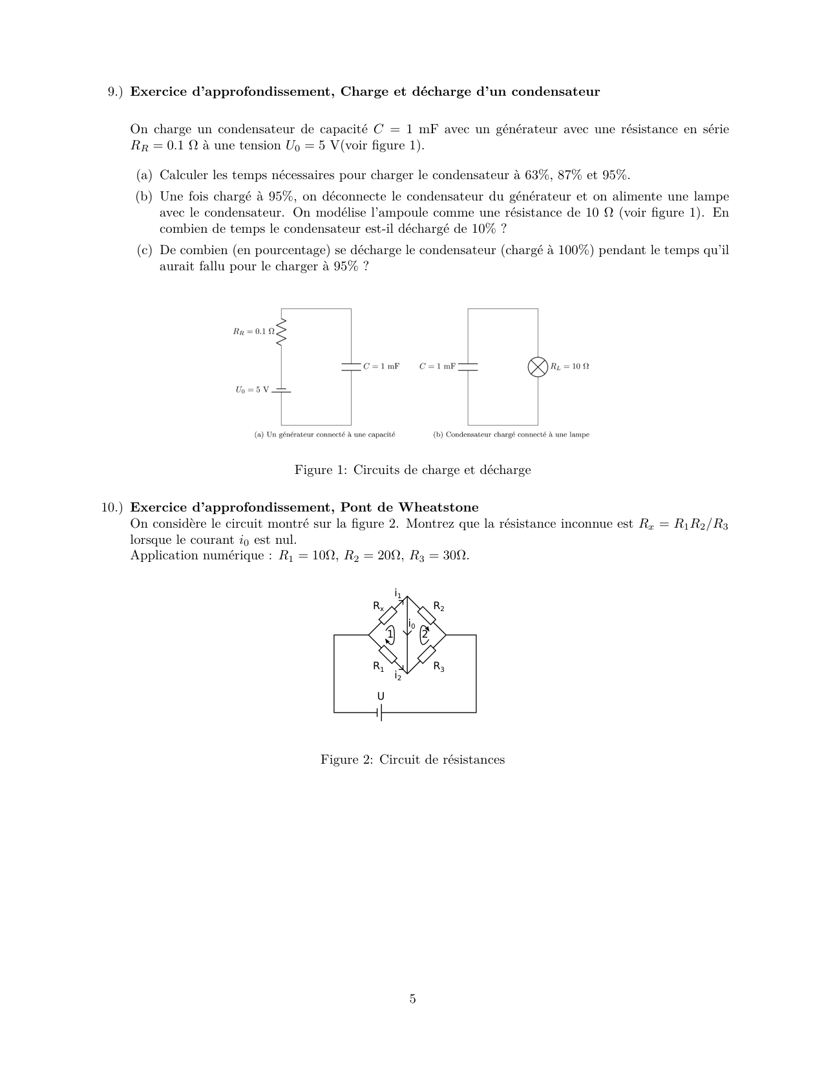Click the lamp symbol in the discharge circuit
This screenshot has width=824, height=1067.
[x=538, y=367]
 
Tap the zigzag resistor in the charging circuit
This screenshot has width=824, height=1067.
[x=281, y=332]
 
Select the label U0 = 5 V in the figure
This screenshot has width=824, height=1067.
[x=252, y=390]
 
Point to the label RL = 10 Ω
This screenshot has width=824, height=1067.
[x=569, y=367]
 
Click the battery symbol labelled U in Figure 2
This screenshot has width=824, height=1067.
[x=381, y=713]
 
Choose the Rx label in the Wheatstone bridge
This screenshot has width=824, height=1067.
[x=378, y=607]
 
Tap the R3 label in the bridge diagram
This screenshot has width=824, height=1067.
[x=439, y=667]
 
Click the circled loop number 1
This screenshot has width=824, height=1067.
[x=390, y=634]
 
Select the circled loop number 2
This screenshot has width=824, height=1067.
[x=425, y=634]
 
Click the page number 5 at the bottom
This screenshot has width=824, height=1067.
[x=412, y=999]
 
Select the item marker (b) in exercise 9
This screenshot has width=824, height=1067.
[x=144, y=197]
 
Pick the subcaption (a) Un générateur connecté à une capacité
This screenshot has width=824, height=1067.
[x=324, y=435]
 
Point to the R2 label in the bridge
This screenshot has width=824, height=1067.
[x=439, y=607]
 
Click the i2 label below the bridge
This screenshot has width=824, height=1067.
[x=398, y=676]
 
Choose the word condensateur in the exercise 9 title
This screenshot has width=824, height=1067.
[x=560, y=92]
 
